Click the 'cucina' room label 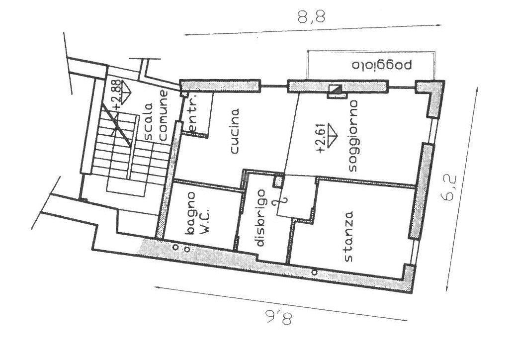pos(235,131)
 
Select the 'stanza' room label pos(348,237)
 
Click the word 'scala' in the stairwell pos(148,121)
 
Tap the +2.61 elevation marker pos(327,138)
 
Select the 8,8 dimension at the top pos(311,17)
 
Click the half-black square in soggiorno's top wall pos(335,90)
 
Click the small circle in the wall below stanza pos(314,272)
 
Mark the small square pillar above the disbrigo pos(278,181)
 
